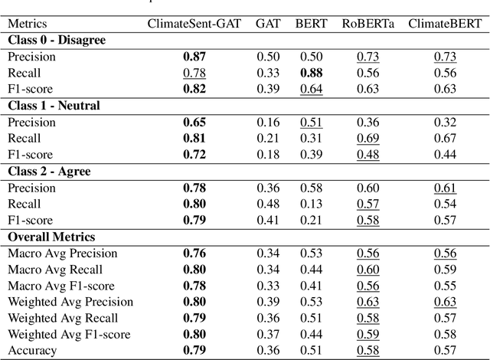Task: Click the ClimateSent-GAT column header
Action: (194, 24)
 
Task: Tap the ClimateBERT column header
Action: (445, 24)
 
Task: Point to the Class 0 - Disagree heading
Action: (57, 40)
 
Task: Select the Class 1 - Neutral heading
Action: (53, 106)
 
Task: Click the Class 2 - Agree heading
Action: (49, 172)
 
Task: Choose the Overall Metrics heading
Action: (51, 237)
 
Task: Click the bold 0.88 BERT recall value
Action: (311, 73)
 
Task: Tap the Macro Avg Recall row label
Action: (54, 270)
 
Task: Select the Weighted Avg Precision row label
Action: (70, 302)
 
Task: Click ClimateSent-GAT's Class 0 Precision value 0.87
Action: (194, 57)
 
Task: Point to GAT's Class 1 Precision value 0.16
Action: (267, 123)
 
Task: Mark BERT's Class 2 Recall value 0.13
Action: (311, 205)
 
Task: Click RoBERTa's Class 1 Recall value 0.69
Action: (367, 139)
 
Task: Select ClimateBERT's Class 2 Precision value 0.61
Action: (445, 188)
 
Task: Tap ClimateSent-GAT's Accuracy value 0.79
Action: (194, 350)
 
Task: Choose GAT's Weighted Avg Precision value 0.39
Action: (267, 302)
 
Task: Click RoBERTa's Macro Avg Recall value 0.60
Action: (367, 270)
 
